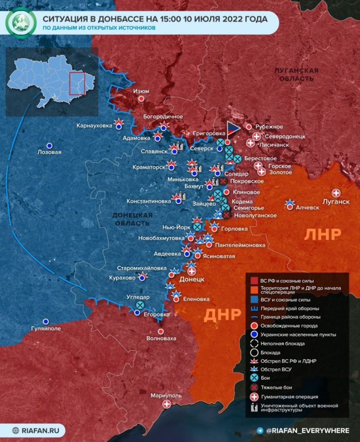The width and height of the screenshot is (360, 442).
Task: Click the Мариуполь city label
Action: [166, 395]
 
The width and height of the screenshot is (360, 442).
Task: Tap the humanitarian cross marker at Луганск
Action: [337, 193]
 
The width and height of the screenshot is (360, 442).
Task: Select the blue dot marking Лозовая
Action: [50, 145]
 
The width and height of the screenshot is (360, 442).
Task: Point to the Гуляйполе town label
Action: [46, 328]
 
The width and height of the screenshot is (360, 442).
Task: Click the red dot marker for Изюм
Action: [142, 98]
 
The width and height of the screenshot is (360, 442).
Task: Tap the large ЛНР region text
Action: [323, 234]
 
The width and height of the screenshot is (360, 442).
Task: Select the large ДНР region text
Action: [223, 315]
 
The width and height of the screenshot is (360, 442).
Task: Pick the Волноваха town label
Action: [161, 339]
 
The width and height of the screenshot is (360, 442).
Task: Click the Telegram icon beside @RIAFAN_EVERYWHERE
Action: [260, 431]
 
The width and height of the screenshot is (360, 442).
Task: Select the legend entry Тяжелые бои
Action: [276, 387]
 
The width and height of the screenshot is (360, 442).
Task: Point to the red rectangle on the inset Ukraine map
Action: [77, 83]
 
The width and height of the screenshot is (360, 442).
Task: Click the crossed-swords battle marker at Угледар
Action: [140, 305]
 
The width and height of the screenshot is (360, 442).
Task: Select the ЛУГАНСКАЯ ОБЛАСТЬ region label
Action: [296, 75]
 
